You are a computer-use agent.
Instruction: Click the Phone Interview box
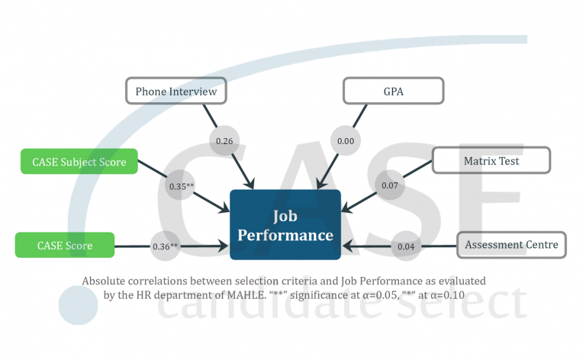tap(176, 92)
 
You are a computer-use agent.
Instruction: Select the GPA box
tap(393, 92)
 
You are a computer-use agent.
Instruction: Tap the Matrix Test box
tap(491, 161)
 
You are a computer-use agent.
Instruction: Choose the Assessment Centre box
tap(511, 245)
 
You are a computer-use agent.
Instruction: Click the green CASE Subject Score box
tap(79, 162)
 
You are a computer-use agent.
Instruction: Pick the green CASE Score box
tap(64, 246)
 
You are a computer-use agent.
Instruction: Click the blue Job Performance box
tap(285, 224)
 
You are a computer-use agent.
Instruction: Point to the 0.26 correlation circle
tap(224, 141)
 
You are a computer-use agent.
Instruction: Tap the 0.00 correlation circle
tap(345, 141)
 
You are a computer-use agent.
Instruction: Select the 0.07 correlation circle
tap(389, 185)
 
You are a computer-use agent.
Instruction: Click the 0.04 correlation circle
tap(405, 246)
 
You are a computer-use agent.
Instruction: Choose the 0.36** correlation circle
tap(165, 246)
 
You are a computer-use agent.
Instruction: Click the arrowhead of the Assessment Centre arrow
tap(348, 246)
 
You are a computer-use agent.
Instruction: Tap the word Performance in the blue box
tap(285, 235)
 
